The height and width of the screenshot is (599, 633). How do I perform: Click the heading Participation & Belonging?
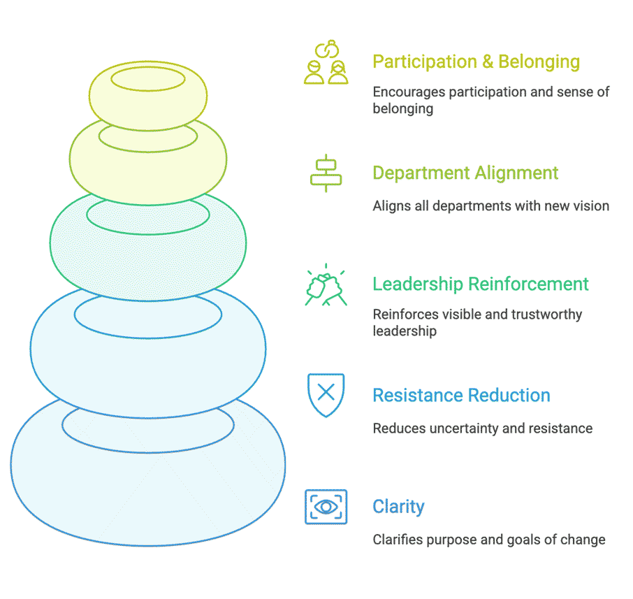pos(476,62)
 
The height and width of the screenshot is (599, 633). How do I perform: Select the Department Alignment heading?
pos(465,173)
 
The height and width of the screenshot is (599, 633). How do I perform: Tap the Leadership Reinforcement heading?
pos(481,284)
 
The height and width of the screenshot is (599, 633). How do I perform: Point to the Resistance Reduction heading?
pos(461,396)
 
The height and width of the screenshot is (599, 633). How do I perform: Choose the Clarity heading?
pos(398,507)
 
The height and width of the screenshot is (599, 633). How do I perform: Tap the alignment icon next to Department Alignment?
pos(326,173)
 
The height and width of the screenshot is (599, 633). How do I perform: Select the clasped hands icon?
pos(326,284)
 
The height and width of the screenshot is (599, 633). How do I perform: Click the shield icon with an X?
pos(326,395)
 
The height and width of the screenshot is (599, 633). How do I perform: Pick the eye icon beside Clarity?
pos(326,507)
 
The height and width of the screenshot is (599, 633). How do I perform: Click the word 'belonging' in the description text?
pos(402,109)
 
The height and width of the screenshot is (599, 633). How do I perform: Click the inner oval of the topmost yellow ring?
pos(147,79)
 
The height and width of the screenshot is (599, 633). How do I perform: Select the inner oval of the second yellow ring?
pos(147,136)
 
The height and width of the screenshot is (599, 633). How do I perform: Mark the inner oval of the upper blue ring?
pos(147,315)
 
